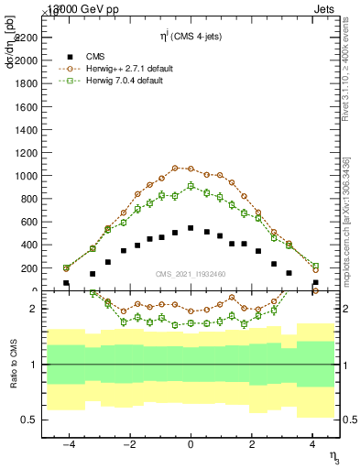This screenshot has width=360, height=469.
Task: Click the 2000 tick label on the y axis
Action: coord(26,60)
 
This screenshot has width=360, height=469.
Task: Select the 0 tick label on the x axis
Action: coord(191,443)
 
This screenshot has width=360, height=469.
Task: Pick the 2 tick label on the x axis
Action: coord(251,443)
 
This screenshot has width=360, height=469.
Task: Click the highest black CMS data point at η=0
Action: coord(191,228)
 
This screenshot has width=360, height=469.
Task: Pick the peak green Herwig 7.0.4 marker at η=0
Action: coord(191,186)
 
